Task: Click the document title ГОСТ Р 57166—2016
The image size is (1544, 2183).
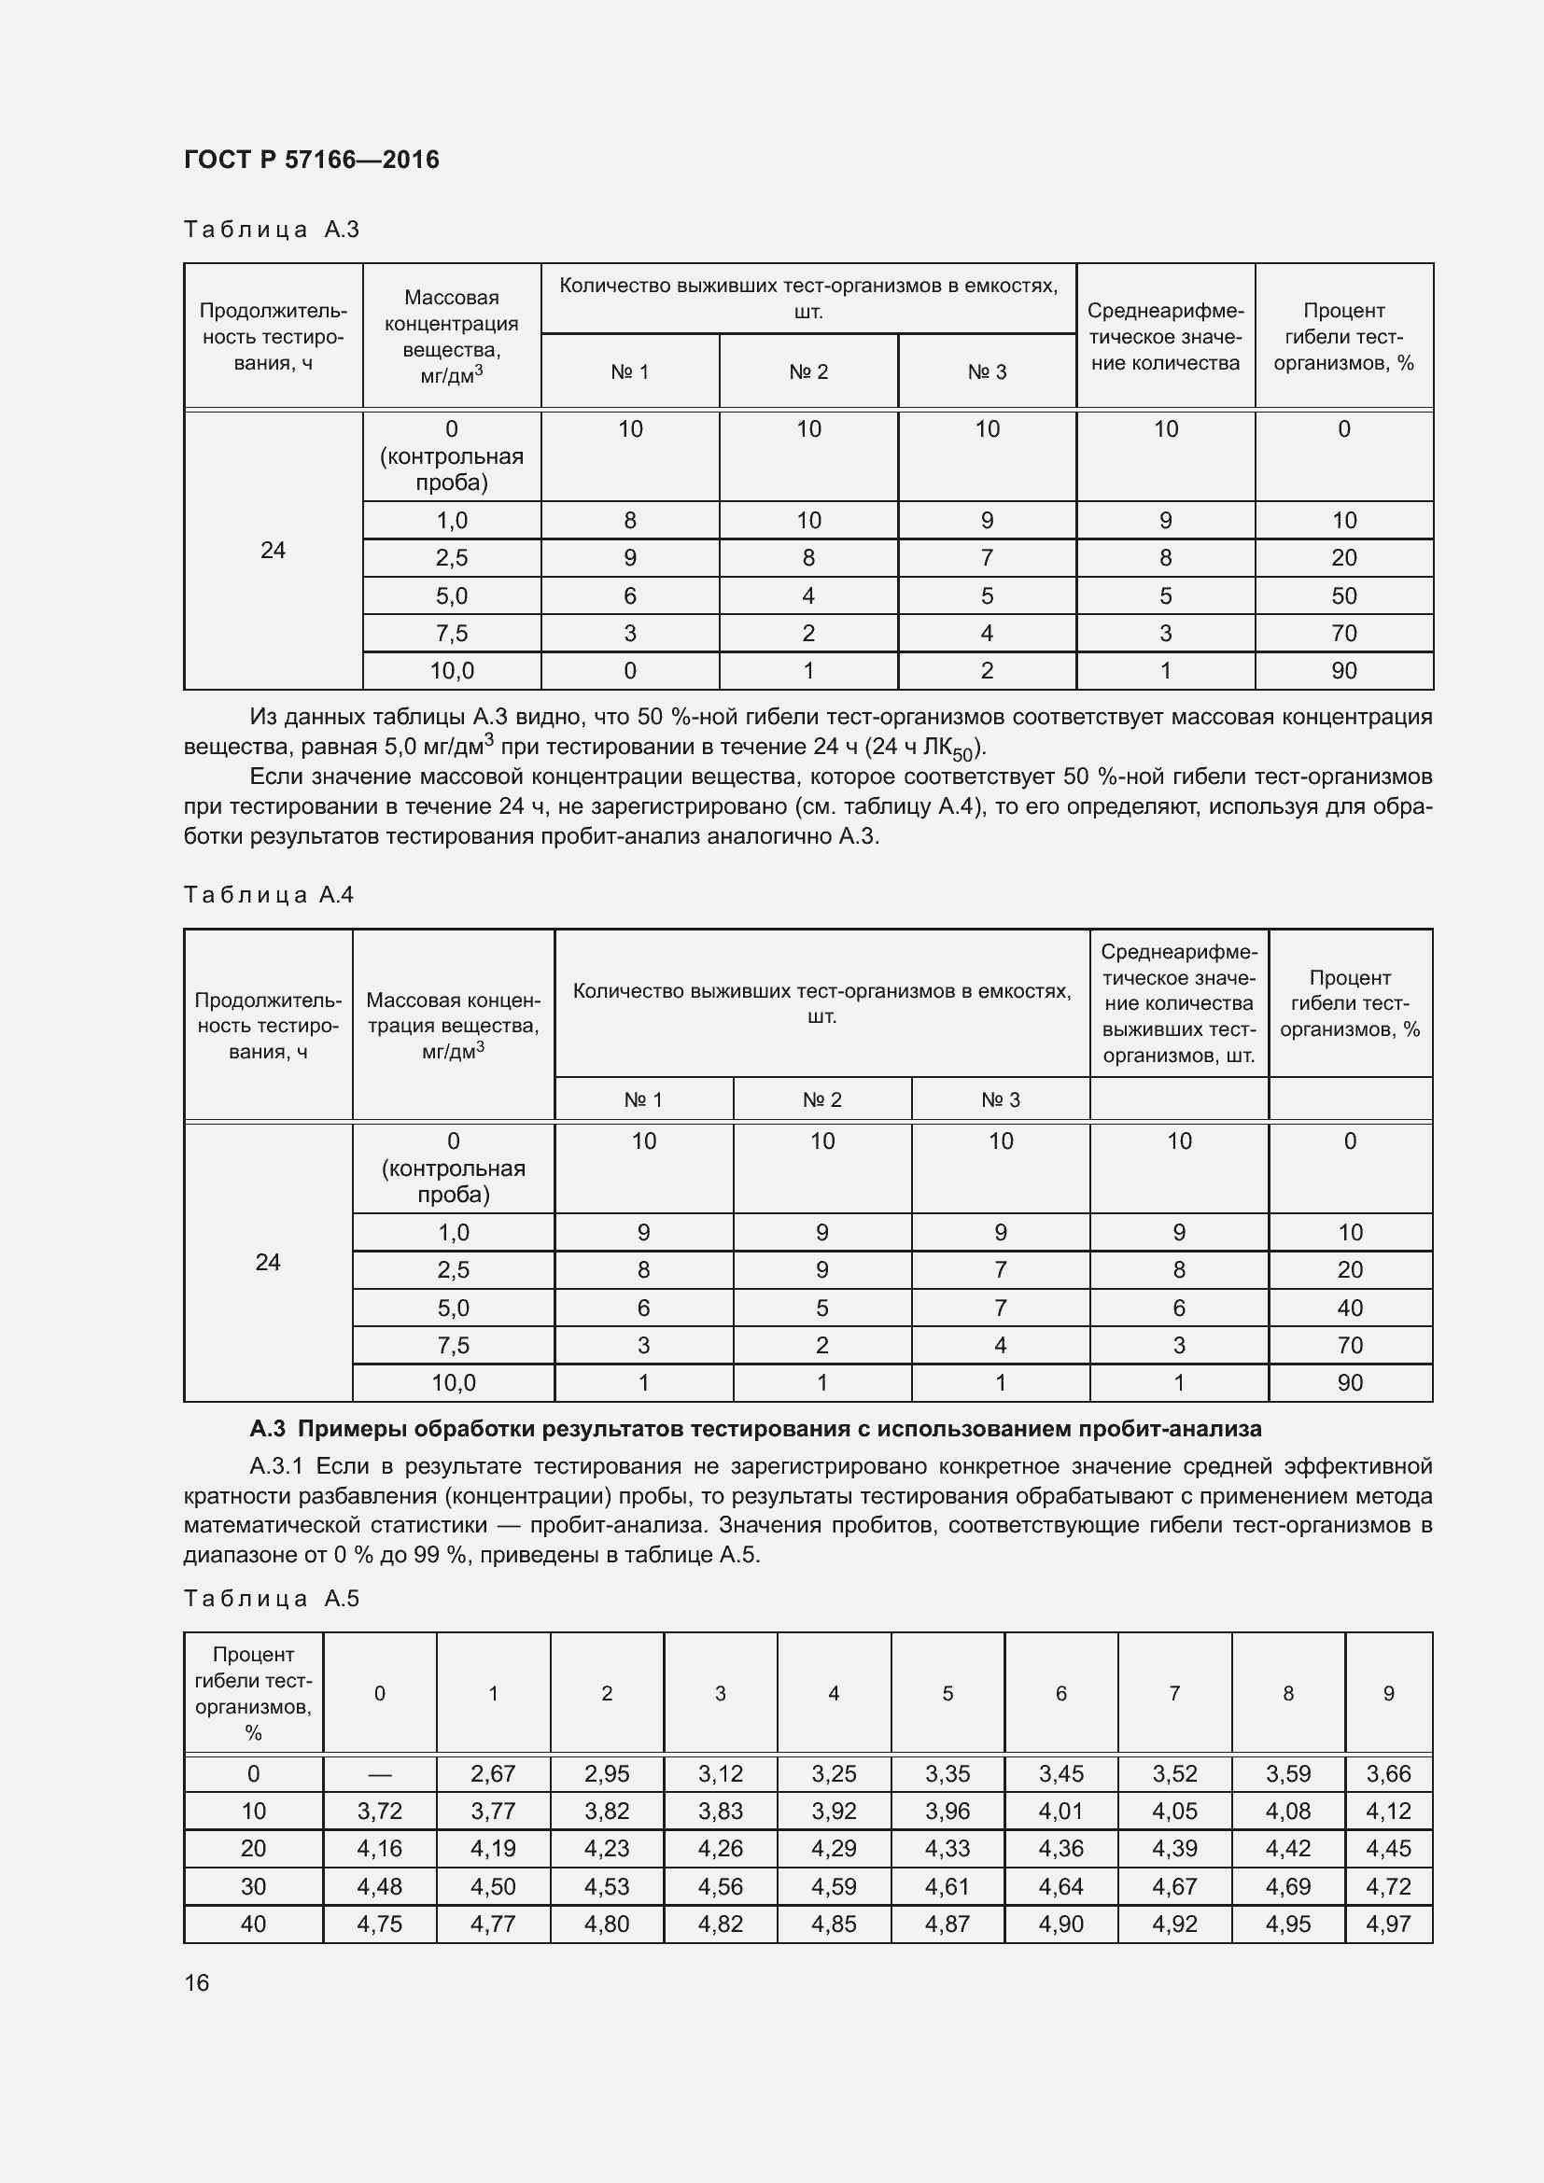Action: (311, 159)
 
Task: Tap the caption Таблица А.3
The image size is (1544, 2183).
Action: (271, 230)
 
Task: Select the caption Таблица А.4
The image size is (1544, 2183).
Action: (268, 895)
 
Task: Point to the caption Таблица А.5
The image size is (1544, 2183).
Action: (271, 1598)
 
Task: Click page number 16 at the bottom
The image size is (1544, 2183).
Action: (197, 1982)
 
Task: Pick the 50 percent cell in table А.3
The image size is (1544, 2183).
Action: (1343, 596)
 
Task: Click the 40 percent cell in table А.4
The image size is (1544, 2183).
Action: (1349, 1308)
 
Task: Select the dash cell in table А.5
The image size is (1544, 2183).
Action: (379, 1774)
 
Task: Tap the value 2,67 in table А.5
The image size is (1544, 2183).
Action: (493, 1774)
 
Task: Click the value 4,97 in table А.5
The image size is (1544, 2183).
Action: (1388, 1924)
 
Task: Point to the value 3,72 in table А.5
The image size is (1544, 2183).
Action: (379, 1812)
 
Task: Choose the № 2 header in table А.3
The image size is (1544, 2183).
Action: (808, 371)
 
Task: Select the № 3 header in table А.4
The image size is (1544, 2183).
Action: (1000, 1100)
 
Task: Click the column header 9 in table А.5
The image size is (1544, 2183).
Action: (1388, 1693)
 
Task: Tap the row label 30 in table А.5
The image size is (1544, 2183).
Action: (253, 1886)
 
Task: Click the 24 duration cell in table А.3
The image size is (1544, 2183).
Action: (273, 551)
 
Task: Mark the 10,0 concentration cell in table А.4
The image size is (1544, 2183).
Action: (453, 1383)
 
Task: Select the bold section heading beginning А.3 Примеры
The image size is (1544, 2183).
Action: (755, 1429)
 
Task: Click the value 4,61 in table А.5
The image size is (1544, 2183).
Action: (947, 1886)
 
